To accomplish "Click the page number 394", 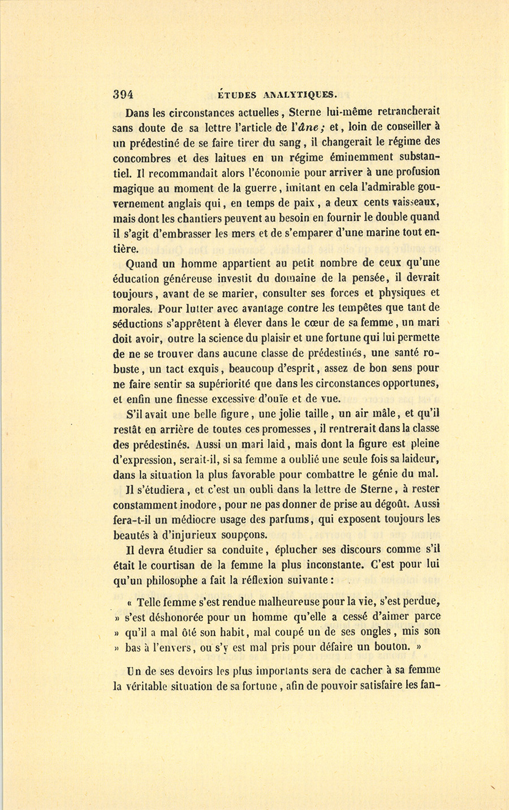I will coord(123,94).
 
